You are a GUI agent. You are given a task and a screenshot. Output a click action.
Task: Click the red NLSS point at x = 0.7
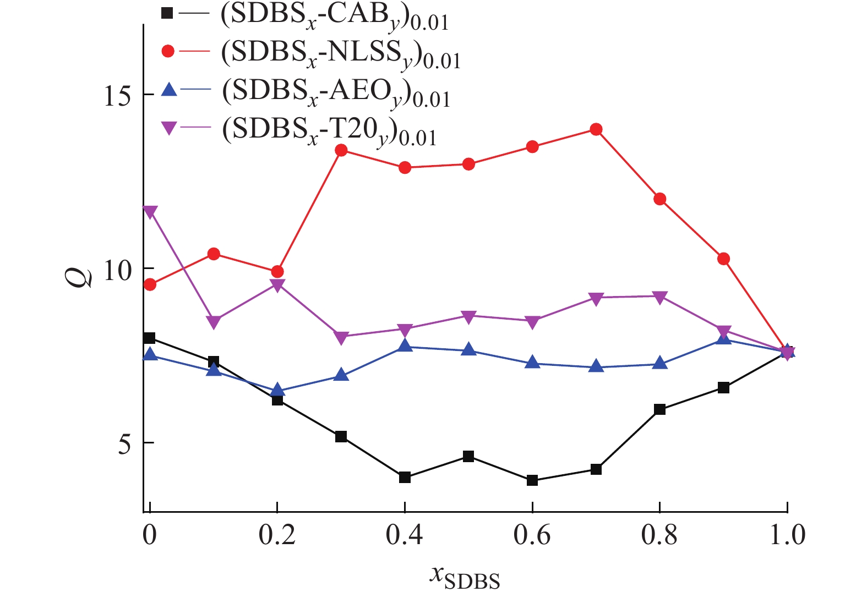(596, 129)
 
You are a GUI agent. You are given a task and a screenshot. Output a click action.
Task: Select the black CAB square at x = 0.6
(532, 480)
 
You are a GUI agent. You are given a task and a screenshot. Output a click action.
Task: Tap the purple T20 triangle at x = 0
(150, 212)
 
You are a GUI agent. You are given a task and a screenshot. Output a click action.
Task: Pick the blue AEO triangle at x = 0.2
(277, 390)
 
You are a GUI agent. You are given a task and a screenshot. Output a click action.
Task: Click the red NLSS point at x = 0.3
(341, 150)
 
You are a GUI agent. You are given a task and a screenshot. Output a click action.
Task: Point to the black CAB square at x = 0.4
(405, 477)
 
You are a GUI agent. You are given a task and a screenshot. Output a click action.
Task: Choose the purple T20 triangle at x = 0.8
(659, 297)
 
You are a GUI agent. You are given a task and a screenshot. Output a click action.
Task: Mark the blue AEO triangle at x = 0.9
(723, 338)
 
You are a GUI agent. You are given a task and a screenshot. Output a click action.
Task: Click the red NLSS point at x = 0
(150, 284)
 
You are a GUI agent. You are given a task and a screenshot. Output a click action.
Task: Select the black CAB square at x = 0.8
(659, 409)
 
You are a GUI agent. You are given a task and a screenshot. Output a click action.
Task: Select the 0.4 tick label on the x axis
(405, 535)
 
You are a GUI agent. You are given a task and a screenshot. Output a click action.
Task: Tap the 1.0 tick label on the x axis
(787, 535)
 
